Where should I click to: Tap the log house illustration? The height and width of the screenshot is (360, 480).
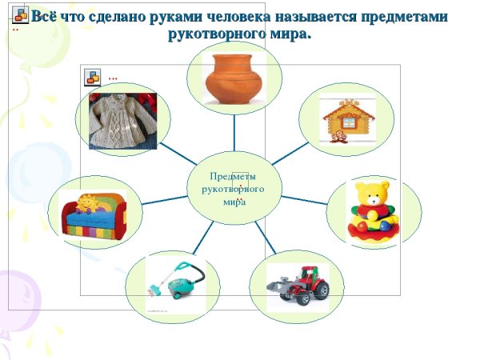pos(347,120)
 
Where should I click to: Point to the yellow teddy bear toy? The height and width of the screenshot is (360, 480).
pos(373,210)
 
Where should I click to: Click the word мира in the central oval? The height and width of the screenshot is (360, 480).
pos(234,202)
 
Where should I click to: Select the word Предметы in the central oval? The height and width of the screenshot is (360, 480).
pos(233,177)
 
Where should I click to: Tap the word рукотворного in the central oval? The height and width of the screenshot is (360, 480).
pos(234,190)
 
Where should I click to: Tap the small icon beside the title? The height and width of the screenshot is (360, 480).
pos(20,15)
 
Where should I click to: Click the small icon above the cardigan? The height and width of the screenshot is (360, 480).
pos(93,76)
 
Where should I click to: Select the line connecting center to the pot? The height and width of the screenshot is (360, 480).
pos(234,133)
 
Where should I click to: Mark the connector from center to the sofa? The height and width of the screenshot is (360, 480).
pos(164,198)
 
